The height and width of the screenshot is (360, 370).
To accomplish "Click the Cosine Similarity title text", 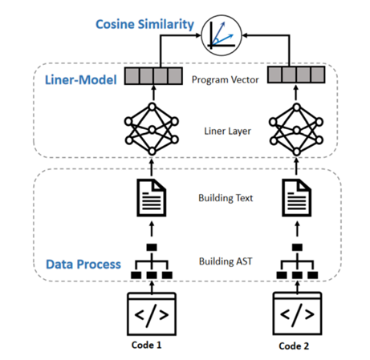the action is coord(144,25).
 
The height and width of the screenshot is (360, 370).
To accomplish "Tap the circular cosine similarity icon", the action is coord(222,35).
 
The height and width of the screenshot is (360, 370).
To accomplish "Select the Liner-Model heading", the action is coord(81,79).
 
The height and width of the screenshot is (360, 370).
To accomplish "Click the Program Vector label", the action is coord(226,79).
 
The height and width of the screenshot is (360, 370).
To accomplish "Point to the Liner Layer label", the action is coord(227,131).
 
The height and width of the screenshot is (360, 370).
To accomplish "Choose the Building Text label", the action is coord(226,198).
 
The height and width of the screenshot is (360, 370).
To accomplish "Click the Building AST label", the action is coord(226,261).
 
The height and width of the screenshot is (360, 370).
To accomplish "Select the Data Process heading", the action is coord(83,265).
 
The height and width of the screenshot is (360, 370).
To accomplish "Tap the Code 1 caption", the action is coord(146,345).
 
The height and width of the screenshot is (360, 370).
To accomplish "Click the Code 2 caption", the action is coord(294,346).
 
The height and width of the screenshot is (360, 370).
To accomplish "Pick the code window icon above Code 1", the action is coord(152,313).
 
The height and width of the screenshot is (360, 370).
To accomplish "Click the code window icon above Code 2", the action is coord(297,313).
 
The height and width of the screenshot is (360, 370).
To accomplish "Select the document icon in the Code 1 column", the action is coord(152,198).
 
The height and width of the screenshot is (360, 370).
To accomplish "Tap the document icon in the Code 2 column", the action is coord(297,198).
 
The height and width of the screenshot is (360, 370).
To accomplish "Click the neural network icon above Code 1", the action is coord(152,129).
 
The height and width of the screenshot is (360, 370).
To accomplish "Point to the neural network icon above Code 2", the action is coord(296,130).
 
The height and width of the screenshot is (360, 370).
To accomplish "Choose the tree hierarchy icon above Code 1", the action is coord(152,261).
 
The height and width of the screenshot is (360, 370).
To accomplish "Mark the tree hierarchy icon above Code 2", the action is coord(297,261).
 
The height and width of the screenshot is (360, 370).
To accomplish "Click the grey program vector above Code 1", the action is coord(153,76).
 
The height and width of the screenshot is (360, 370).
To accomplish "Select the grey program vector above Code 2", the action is coord(296,75).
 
